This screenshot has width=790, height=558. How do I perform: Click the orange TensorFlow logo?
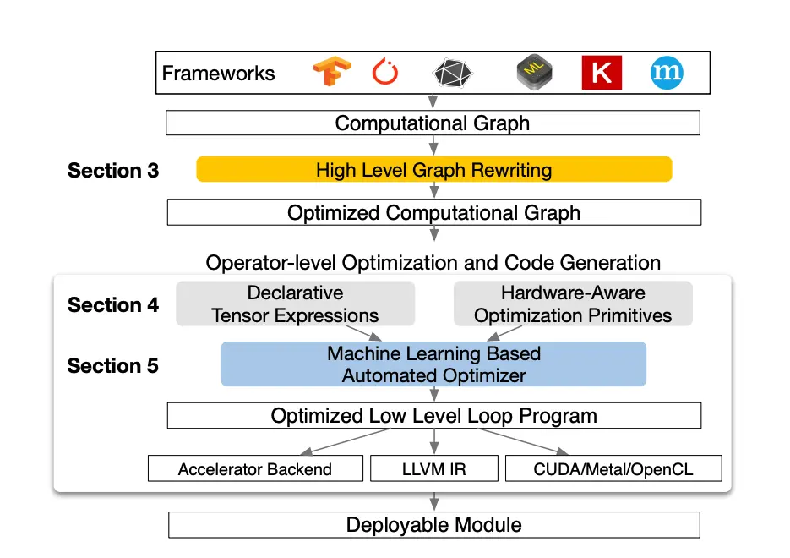332,73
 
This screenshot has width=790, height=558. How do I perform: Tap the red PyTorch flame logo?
385,73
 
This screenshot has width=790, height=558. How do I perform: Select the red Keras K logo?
602,73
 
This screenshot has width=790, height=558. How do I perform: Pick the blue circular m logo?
667,73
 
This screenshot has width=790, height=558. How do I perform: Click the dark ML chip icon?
535,74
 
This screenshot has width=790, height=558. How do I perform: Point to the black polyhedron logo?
450,74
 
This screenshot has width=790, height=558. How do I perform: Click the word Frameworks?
218,74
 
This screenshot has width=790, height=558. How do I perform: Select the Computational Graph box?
433,123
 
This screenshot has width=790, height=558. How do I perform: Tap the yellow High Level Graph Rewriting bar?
433,169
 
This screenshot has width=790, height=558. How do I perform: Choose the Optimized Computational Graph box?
433,212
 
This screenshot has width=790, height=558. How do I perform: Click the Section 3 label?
113,171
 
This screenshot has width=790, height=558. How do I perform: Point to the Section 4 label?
113,305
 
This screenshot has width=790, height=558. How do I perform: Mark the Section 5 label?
113,366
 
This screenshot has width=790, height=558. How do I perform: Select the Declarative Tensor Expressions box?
295,304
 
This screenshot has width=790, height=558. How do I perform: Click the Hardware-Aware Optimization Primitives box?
573,304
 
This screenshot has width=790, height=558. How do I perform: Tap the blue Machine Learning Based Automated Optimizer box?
433,364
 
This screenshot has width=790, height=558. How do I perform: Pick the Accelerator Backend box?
255,469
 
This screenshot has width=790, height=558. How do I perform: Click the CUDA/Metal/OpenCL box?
614,469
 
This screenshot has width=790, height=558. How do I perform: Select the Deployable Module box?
433,525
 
